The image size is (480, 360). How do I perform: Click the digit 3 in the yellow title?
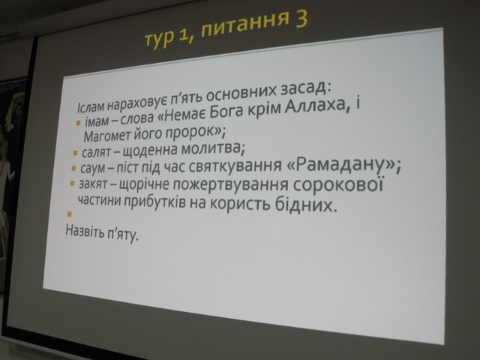298,19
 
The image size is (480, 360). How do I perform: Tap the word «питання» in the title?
244,26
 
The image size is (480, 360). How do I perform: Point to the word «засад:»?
305,89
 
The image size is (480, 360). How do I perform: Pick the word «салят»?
96,152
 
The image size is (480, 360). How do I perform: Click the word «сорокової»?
338,186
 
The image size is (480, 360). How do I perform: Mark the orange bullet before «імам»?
78,123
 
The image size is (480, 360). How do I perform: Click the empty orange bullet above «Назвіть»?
69,214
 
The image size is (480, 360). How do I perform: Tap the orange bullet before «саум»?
73,168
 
